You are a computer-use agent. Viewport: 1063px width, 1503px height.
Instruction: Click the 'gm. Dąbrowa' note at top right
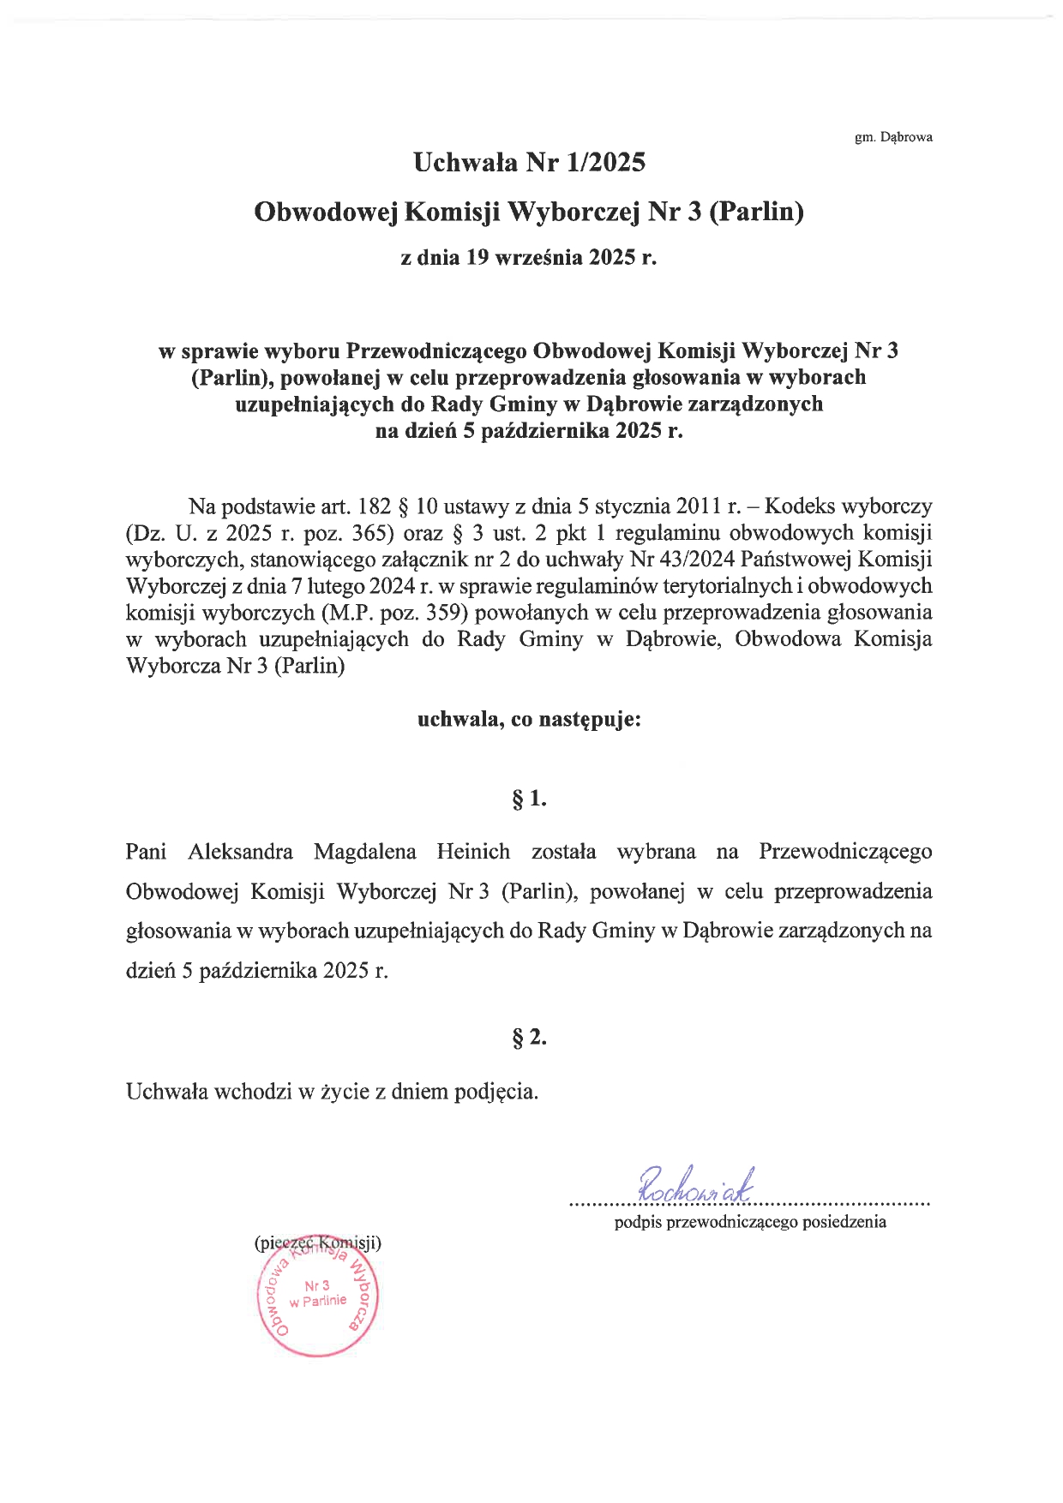[893, 137]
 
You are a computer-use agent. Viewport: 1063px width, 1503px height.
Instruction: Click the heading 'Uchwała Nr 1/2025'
[529, 162]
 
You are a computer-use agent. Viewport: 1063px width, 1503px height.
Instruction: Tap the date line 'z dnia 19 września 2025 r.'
[529, 257]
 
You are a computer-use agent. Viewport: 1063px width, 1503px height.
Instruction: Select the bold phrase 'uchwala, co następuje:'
[529, 719]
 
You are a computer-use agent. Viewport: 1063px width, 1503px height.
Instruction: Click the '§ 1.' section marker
[529, 799]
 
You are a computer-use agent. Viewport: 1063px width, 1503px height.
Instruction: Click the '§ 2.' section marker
[529, 1038]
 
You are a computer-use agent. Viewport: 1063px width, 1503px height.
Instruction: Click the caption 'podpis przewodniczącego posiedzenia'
[750, 1222]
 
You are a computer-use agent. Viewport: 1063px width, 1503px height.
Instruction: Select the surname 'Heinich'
[473, 852]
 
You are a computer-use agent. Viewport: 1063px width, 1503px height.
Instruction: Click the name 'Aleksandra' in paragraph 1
[240, 852]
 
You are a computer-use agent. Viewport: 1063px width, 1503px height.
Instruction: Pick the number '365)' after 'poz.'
[373, 533]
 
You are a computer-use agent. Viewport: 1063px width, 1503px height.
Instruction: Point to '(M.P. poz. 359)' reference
[394, 613]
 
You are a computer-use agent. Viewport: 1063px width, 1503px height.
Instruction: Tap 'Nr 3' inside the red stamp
[316, 1286]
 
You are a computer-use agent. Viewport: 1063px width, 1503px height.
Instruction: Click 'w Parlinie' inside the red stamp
[318, 1301]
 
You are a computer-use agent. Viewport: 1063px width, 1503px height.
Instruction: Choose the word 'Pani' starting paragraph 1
[146, 852]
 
